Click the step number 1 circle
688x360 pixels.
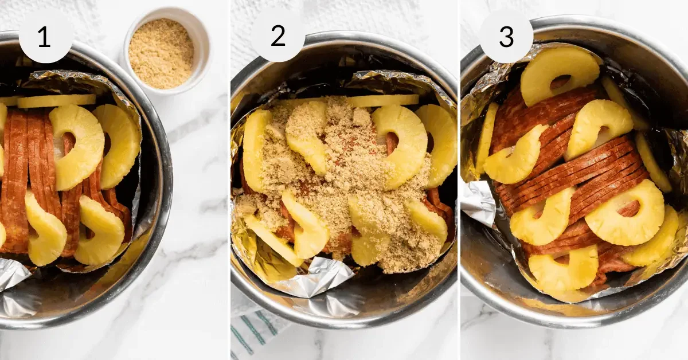(x=46, y=37)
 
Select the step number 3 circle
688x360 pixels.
(x=506, y=37)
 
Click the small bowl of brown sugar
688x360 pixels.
(x=161, y=53)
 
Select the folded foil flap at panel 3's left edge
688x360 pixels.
(x=478, y=202)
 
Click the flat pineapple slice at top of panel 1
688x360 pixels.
(x=56, y=101)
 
